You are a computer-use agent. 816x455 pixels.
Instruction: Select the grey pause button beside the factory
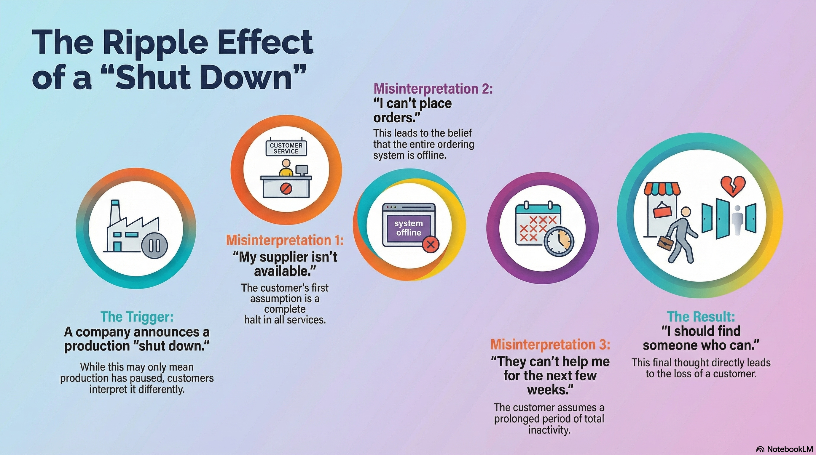[154, 246]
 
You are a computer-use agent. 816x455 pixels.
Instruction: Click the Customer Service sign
[286, 148]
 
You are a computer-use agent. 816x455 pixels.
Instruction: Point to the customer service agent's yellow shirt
[286, 172]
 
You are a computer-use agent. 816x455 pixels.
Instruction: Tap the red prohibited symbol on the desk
[285, 189]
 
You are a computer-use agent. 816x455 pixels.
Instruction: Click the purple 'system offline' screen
[409, 228]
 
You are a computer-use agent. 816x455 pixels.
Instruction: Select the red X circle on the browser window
[430, 244]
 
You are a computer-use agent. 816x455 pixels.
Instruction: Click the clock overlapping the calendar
[559, 241]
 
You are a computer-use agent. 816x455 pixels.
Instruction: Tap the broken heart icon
[733, 186]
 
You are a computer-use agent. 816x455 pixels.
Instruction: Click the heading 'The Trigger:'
[137, 316]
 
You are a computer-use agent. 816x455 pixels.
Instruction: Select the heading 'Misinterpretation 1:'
[285, 241]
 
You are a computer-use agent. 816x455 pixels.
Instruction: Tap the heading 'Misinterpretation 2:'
[433, 89]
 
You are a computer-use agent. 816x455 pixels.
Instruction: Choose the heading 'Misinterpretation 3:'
[550, 345]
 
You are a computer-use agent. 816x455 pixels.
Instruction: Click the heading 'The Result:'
[701, 316]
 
